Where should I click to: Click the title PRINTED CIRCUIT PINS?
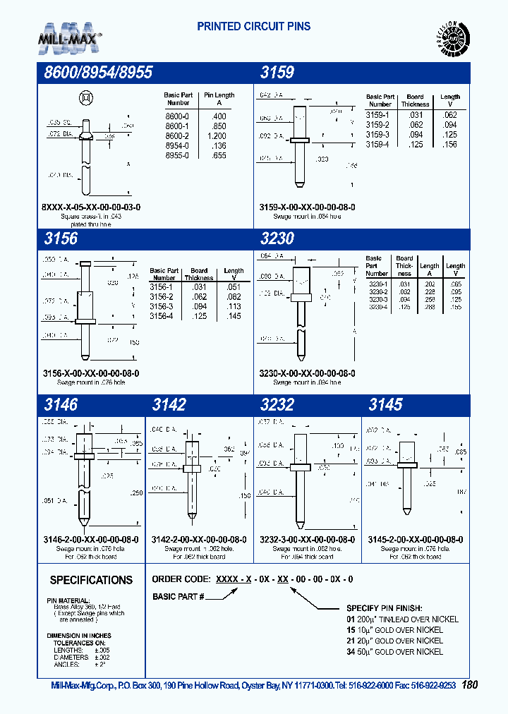click(253, 27)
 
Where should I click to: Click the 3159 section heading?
click(277, 73)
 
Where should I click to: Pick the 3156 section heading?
click(61, 238)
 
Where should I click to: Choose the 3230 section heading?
click(277, 238)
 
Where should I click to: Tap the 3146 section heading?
click(61, 404)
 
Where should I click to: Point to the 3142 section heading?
click(169, 404)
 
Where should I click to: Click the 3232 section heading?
click(277, 404)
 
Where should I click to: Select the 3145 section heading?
click(385, 404)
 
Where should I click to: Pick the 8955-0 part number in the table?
click(177, 155)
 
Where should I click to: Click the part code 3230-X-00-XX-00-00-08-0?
click(307, 373)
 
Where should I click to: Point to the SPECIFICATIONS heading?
click(91, 580)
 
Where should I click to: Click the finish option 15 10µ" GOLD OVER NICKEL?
click(394, 630)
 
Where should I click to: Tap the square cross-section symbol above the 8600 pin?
click(85, 97)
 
